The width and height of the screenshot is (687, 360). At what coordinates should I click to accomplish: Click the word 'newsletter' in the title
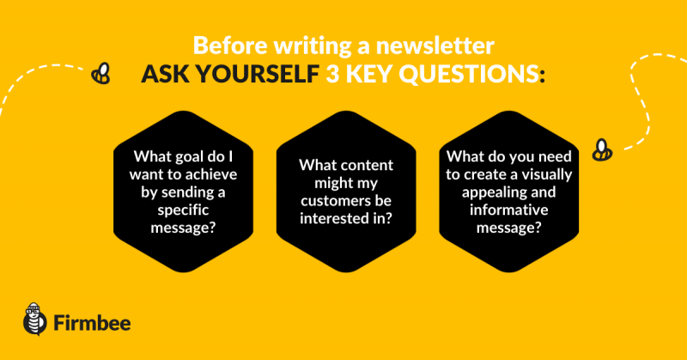point(435,46)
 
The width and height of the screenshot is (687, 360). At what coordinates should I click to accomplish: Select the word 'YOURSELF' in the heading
point(257,74)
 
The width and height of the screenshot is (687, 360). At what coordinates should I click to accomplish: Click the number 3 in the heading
point(332,74)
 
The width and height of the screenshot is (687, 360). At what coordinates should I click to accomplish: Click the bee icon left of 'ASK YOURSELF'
point(100,73)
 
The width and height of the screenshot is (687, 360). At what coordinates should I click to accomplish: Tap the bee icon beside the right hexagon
point(602,150)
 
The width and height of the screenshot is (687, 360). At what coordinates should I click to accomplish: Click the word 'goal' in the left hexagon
point(195,156)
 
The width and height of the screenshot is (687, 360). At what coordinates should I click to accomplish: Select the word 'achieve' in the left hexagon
point(211,174)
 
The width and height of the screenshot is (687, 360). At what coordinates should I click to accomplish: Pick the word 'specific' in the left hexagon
point(183,210)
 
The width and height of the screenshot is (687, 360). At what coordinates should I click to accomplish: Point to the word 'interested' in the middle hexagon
point(336,218)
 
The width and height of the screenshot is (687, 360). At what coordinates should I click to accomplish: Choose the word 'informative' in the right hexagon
point(508,210)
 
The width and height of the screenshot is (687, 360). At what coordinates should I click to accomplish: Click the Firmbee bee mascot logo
point(35,319)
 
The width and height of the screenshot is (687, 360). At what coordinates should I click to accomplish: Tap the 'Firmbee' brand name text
point(92,323)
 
